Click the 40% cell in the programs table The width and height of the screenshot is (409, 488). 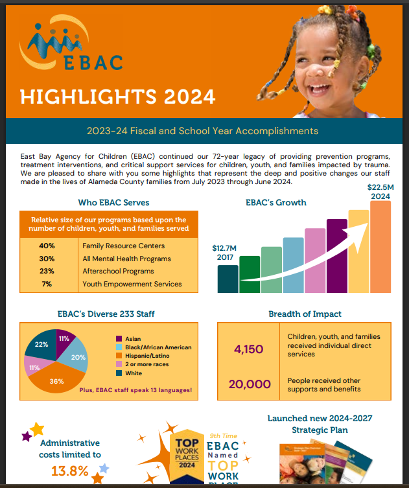(47, 246)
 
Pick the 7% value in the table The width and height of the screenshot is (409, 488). (47, 284)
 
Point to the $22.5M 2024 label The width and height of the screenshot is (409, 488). (380, 192)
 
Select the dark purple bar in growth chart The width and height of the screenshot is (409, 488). (337, 256)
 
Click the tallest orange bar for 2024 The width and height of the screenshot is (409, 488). (380, 246)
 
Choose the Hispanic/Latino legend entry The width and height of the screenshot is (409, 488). (148, 355)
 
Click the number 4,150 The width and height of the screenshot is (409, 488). (248, 349)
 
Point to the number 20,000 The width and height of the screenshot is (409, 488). (250, 384)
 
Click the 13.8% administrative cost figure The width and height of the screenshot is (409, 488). (70, 471)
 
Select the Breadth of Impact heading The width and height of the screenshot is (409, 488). (305, 314)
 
